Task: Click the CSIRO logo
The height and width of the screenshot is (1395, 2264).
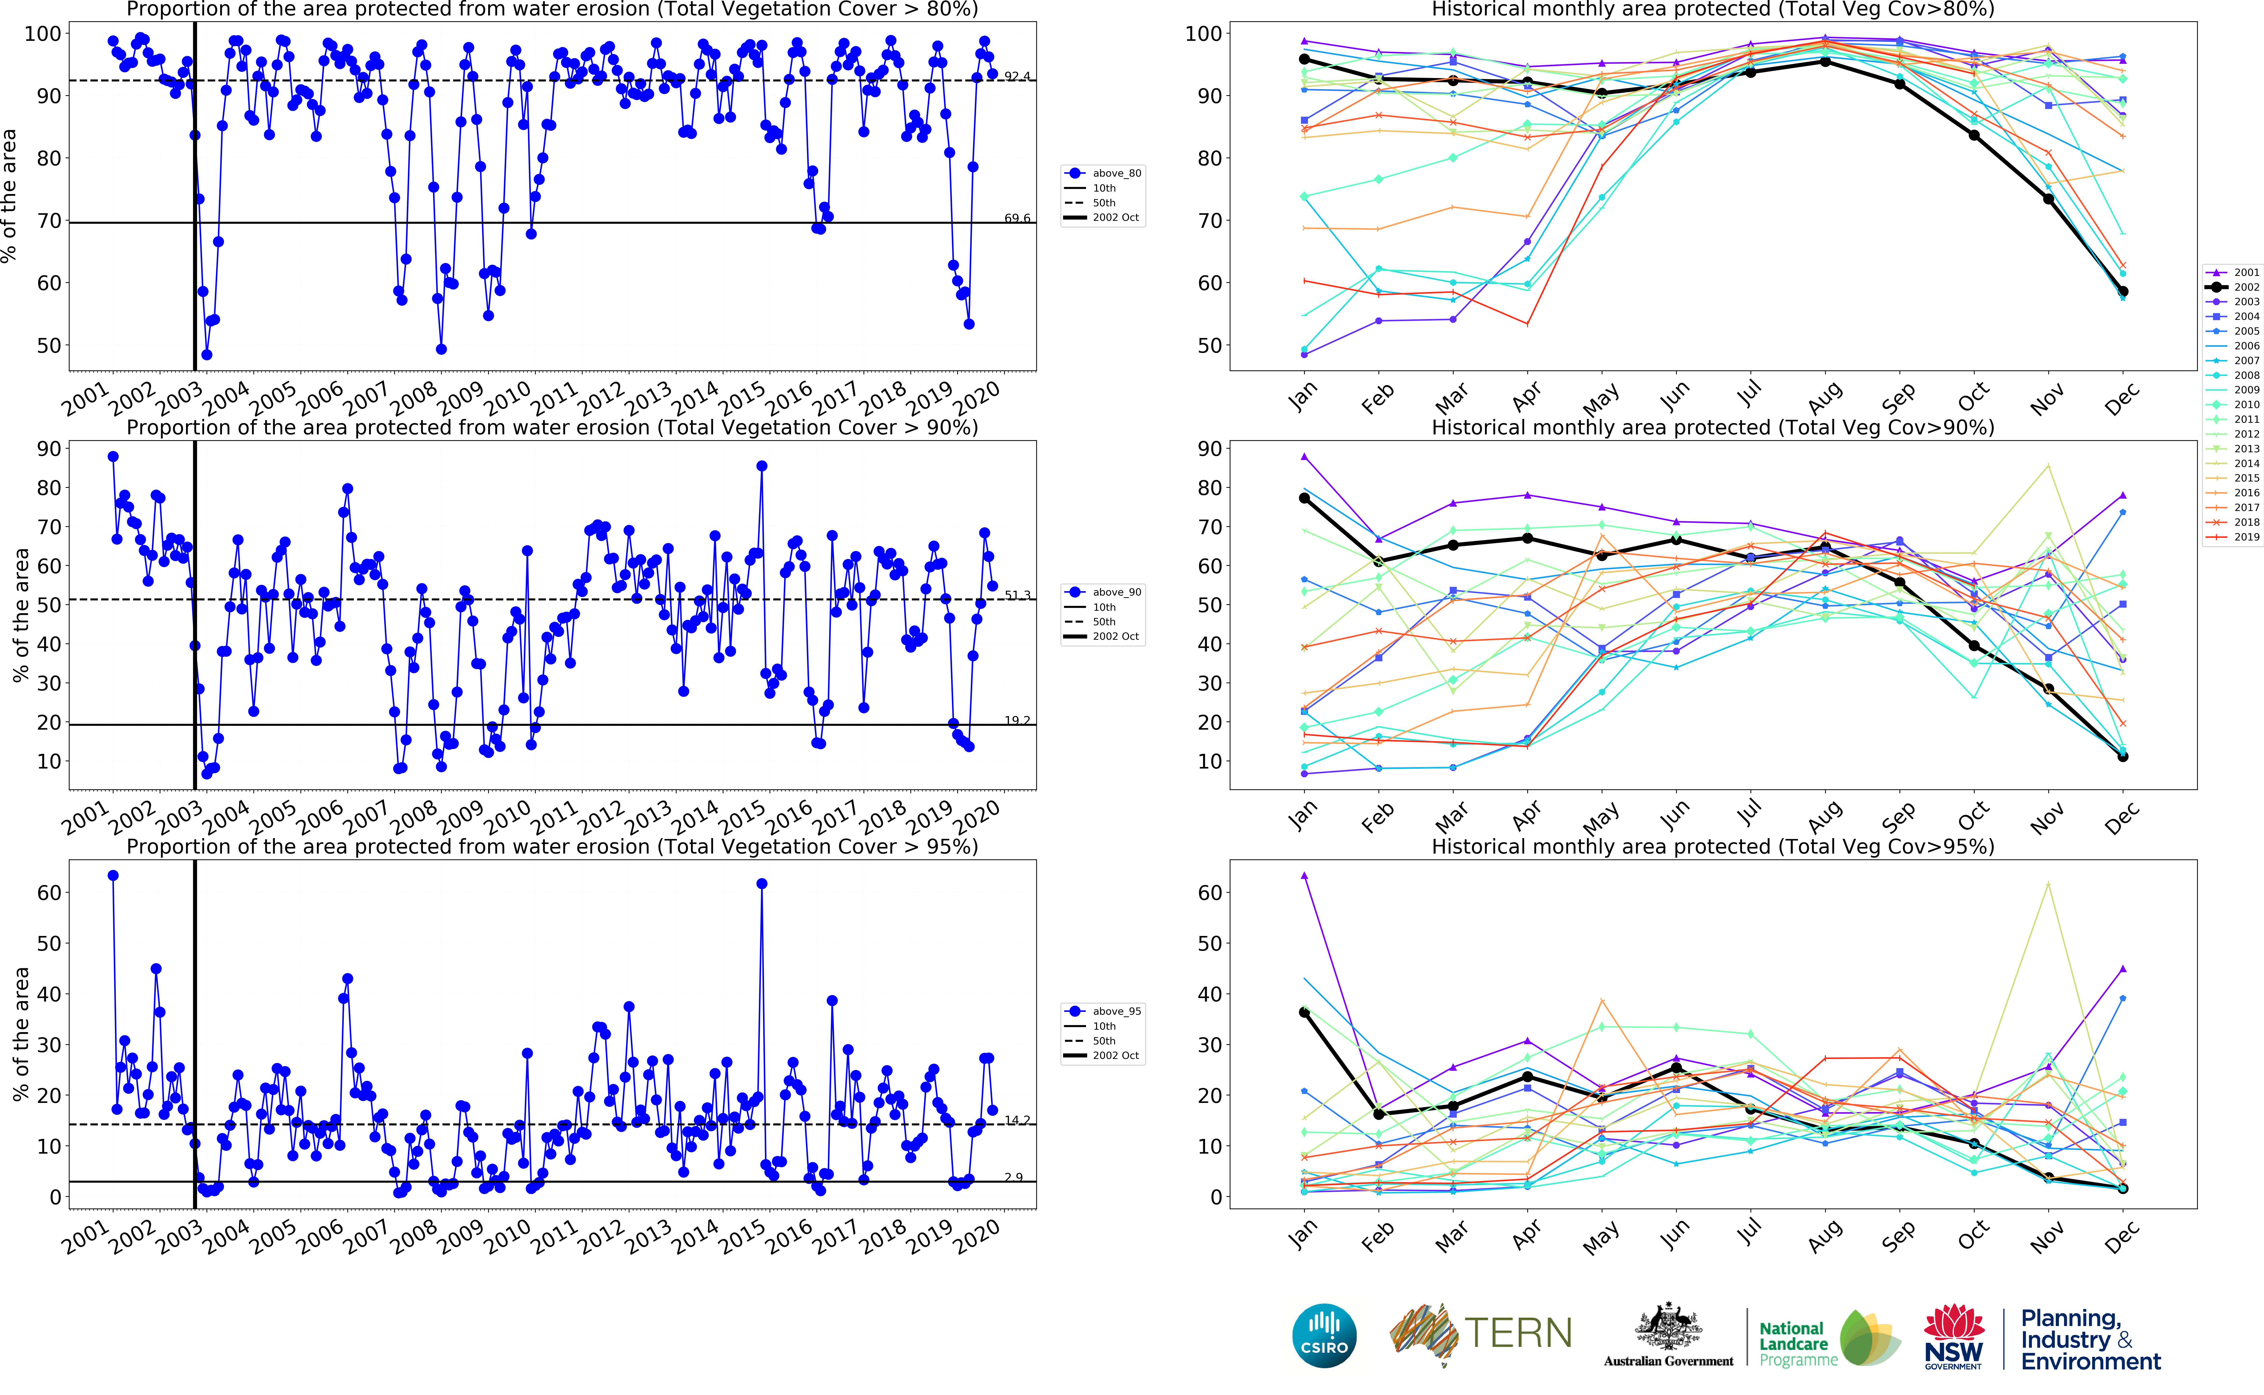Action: coord(1324,1335)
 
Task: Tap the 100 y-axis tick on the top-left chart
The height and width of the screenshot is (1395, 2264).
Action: coord(43,33)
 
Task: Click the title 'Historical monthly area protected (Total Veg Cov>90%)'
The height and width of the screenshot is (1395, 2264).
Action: coord(1713,427)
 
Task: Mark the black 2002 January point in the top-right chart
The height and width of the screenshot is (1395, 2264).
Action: coord(1304,59)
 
